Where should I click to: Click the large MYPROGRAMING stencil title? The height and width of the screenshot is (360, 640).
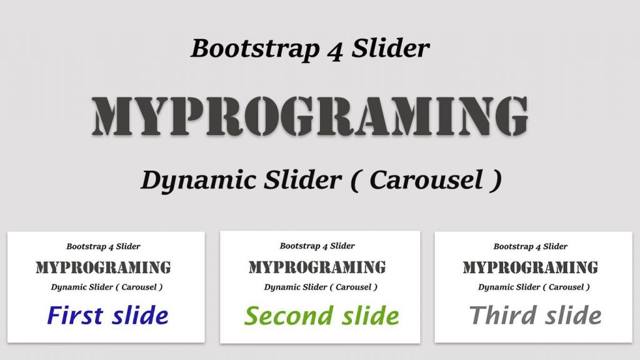(310, 117)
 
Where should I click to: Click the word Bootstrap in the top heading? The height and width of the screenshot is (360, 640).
(256, 49)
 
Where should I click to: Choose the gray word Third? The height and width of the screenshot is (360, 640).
(501, 315)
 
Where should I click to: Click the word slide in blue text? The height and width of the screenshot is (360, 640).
(138, 315)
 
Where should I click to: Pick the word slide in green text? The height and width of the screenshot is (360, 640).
(366, 316)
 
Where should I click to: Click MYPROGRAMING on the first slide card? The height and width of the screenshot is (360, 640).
(103, 268)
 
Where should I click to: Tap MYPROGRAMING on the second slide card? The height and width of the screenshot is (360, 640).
(317, 268)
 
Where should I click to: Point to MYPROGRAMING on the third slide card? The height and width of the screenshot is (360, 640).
(531, 268)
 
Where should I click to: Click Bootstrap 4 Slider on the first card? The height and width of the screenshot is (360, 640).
(103, 247)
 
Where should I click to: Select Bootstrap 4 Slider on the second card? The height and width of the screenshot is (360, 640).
(317, 246)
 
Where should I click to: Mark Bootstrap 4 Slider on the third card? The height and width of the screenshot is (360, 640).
(531, 247)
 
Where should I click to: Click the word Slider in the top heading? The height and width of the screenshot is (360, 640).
(390, 49)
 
